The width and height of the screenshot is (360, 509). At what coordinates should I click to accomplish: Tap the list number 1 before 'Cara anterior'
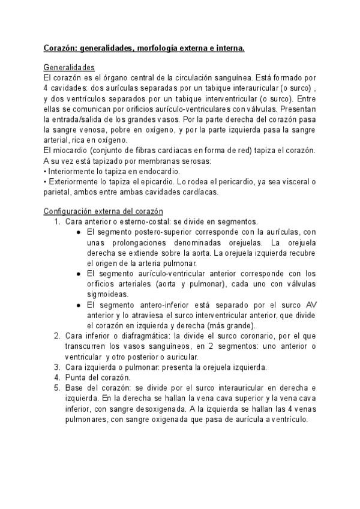click(x=57, y=222)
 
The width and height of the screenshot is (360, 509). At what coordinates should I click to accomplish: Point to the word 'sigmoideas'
click(x=107, y=294)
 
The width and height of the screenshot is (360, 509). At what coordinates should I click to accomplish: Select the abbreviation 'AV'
click(x=311, y=305)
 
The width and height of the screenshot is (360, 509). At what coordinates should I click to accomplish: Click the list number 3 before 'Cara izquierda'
click(x=57, y=367)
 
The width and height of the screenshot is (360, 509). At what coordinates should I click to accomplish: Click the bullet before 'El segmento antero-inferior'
click(x=81, y=305)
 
